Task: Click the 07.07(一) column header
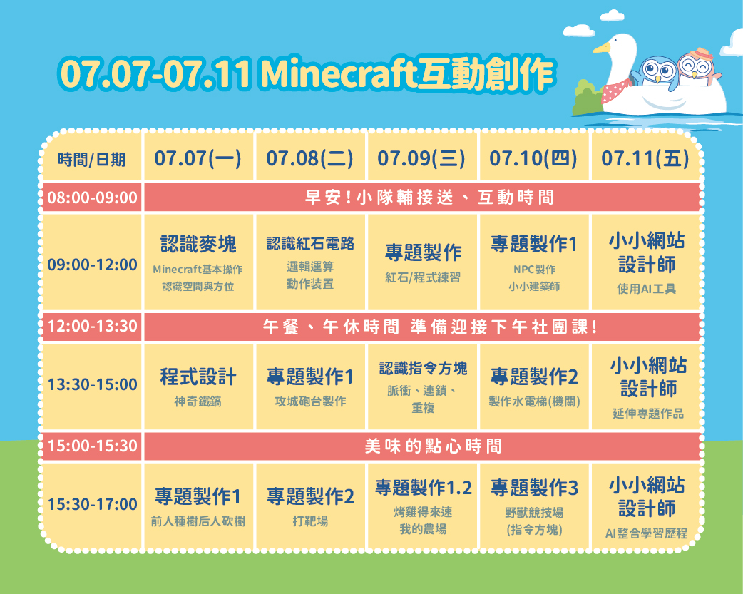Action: click(198, 158)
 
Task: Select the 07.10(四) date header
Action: click(533, 158)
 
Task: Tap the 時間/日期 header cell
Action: click(91, 160)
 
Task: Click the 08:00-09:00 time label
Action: click(93, 198)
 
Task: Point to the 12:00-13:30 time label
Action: click(93, 326)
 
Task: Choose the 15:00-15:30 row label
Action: click(93, 446)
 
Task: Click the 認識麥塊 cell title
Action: click(198, 244)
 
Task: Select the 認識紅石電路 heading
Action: click(310, 243)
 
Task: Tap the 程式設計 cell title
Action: click(198, 377)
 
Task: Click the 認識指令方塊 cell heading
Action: click(423, 368)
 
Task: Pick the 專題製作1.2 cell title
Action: click(423, 487)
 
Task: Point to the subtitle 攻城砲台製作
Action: click(310, 401)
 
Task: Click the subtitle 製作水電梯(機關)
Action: click(535, 401)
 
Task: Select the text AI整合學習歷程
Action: click(646, 533)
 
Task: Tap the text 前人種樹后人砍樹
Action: click(198, 521)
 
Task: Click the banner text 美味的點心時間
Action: click(433, 446)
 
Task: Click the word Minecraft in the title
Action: click(338, 74)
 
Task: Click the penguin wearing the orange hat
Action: click(695, 67)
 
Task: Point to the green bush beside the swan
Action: click(588, 97)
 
